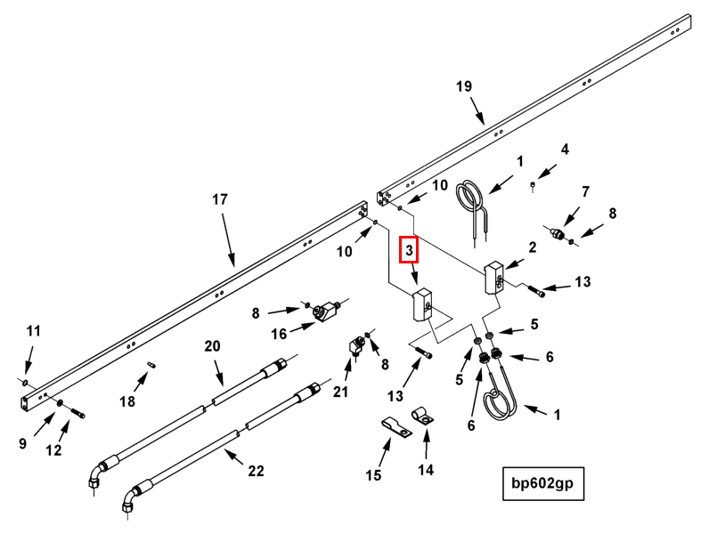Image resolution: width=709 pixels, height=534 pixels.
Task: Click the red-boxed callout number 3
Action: (409, 251)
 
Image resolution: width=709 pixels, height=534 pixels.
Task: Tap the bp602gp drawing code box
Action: (542, 483)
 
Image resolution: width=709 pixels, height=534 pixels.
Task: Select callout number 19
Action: (463, 86)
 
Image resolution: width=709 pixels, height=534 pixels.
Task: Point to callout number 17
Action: (220, 199)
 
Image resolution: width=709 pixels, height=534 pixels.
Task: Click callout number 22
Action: (256, 472)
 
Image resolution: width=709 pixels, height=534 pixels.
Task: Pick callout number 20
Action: (211, 345)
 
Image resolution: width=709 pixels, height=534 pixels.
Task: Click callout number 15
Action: (374, 476)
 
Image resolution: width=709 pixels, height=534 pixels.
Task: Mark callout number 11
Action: (33, 331)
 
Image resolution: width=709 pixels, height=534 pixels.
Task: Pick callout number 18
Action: (127, 401)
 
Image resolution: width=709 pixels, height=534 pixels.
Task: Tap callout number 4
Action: (564, 149)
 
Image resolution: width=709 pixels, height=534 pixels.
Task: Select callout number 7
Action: (585, 191)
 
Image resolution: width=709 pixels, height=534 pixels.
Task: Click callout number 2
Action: (532, 247)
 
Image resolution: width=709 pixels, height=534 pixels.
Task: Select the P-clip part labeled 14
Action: (422, 414)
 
